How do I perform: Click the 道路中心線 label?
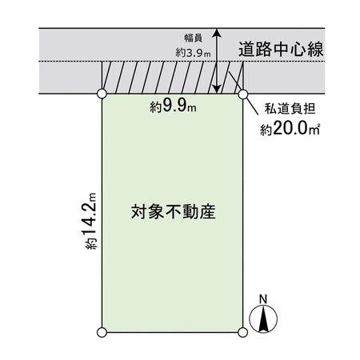pos(281,50)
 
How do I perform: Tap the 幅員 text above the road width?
pos(194,38)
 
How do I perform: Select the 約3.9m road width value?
pos(193,53)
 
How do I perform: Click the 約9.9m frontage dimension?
pos(173,106)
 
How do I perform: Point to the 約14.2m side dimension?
pos(90,221)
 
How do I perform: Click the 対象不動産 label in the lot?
pos(174,212)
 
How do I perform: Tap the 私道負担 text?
pos(290,109)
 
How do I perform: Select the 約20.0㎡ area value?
pos(290,129)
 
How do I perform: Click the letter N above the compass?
pos(263,299)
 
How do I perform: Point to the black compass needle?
pos(263,319)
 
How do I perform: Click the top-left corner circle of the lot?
pos(102,94)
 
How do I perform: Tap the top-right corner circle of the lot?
pos(243,94)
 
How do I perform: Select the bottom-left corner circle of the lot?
pos(102,332)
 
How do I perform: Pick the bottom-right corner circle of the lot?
pos(242,332)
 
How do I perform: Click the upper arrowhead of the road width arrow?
pos(217,32)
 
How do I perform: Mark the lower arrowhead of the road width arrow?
pos(218,89)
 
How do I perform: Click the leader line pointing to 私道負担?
pos(243,94)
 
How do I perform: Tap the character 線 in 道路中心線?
pos(315,50)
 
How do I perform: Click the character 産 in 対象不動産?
pos(208,212)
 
